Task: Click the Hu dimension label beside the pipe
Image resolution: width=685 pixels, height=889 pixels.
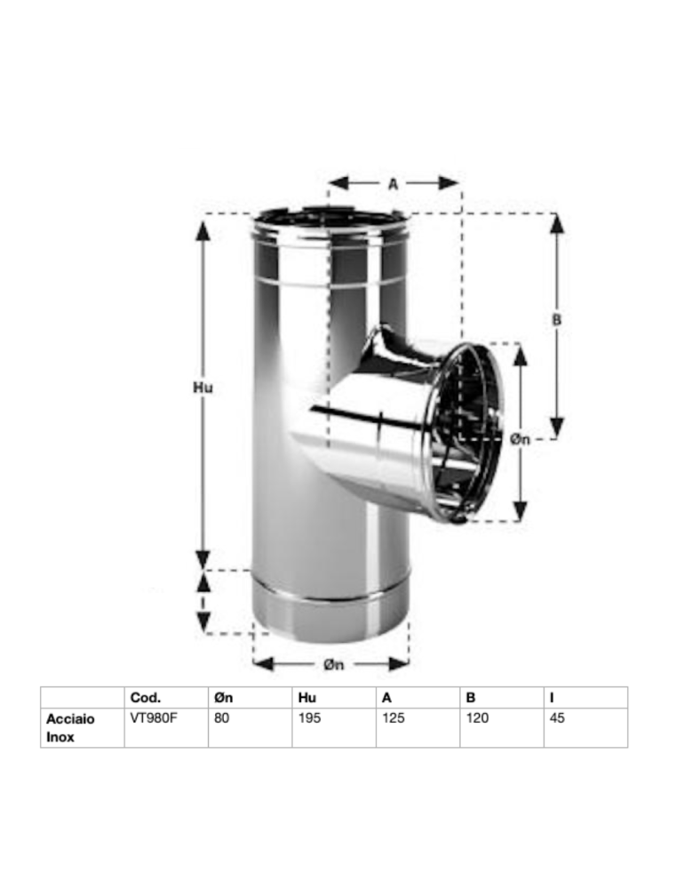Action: (x=203, y=388)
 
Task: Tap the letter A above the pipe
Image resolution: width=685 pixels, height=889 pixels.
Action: (x=394, y=184)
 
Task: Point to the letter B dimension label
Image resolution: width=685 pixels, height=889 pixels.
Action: (x=557, y=320)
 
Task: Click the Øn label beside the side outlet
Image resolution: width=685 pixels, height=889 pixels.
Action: (x=520, y=439)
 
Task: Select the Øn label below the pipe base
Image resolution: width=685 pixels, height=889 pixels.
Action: (x=334, y=664)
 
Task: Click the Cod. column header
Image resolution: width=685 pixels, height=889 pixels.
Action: (x=146, y=697)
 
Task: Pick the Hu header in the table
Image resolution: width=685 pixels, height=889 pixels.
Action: (x=307, y=697)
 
